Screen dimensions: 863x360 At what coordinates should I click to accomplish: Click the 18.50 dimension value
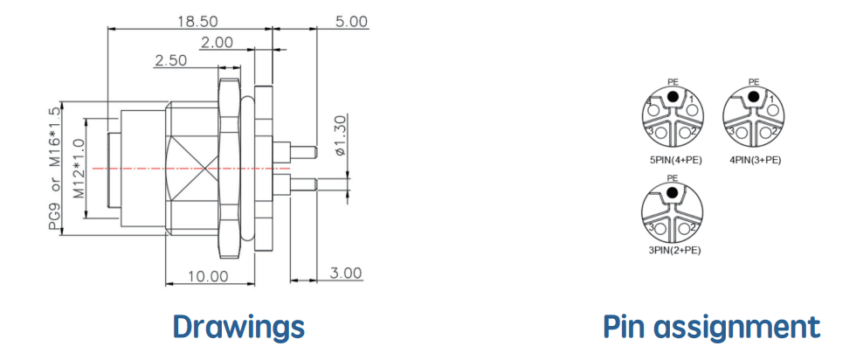click(197, 22)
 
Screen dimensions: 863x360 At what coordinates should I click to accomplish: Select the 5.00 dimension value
click(351, 22)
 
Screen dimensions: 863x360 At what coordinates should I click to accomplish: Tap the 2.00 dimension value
click(217, 43)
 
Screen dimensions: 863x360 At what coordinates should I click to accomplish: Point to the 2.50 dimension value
click(170, 60)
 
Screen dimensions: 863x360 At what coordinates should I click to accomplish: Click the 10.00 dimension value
click(208, 276)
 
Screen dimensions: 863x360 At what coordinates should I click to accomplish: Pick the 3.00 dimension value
click(346, 273)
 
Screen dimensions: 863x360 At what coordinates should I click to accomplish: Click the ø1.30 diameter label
click(341, 135)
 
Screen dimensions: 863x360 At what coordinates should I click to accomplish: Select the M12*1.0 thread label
click(79, 169)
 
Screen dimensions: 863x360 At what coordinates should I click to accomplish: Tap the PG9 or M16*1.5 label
click(54, 169)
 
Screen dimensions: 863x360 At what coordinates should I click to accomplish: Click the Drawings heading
click(238, 327)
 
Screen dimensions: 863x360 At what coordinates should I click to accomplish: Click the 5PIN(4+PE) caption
click(673, 160)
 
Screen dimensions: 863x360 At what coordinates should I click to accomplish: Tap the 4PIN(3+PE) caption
click(754, 160)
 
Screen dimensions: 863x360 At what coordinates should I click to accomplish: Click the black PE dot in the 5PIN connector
click(672, 97)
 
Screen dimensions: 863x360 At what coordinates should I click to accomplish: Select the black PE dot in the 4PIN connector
click(754, 97)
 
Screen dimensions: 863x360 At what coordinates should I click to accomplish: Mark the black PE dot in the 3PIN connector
click(672, 192)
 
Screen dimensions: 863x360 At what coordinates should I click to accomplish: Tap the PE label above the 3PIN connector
click(672, 178)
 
